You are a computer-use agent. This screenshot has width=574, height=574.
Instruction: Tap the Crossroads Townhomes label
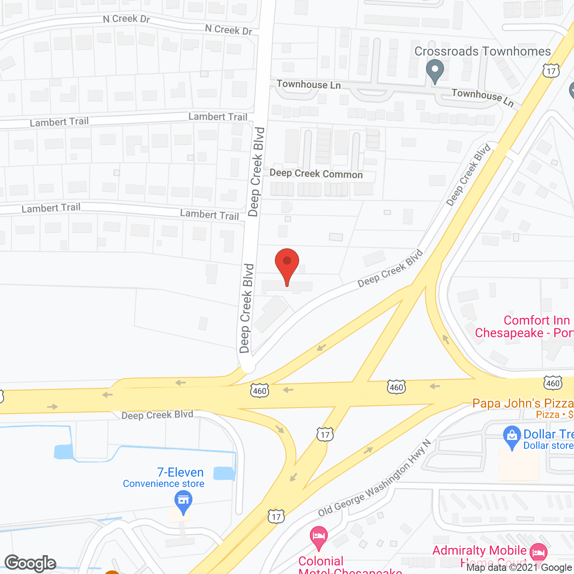pyautogui.click(x=483, y=52)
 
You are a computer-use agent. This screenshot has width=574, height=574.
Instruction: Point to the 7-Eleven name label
pyautogui.click(x=180, y=472)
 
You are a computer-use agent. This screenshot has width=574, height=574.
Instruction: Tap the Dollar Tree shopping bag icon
pyautogui.click(x=512, y=437)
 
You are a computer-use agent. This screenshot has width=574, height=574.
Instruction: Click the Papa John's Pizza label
pyautogui.click(x=523, y=403)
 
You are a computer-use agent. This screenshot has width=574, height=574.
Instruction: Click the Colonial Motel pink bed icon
pyautogui.click(x=319, y=537)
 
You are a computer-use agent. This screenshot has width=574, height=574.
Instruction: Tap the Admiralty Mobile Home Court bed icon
pyautogui.click(x=539, y=552)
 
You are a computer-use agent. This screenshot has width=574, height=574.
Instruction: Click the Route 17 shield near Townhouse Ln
pyautogui.click(x=551, y=71)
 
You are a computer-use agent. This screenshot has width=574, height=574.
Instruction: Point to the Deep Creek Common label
pyautogui.click(x=316, y=174)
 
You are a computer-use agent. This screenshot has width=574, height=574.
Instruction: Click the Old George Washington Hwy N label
pyautogui.click(x=374, y=478)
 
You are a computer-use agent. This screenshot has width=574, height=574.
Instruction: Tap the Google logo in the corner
pyautogui.click(x=30, y=563)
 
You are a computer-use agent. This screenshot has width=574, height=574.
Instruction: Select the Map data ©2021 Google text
pyautogui.click(x=519, y=567)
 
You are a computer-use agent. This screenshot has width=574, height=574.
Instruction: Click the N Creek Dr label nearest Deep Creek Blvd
pyautogui.click(x=229, y=30)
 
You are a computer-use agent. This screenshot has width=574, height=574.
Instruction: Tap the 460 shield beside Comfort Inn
pyautogui.click(x=552, y=383)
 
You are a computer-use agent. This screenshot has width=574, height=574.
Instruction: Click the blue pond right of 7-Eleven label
pyautogui.click(x=224, y=474)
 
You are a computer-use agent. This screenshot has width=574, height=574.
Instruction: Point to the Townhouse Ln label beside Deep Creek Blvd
pyautogui.click(x=309, y=84)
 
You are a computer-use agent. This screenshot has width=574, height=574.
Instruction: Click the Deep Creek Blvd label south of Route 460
pyautogui.click(x=157, y=415)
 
